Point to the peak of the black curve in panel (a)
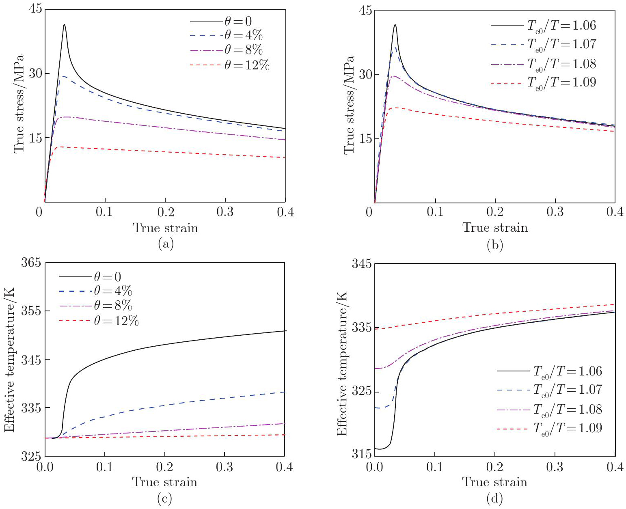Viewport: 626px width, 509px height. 64,25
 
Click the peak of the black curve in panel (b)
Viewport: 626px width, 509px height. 395,25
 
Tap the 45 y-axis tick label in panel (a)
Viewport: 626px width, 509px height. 35,9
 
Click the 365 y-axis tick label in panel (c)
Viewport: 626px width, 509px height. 31,263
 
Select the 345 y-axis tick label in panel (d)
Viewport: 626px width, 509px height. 361,264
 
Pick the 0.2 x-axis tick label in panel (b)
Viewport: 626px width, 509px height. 495,212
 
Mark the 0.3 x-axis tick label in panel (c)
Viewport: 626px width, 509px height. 224,467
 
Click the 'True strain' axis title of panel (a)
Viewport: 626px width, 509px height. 166,228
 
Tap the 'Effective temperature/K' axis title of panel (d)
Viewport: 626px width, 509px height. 342,364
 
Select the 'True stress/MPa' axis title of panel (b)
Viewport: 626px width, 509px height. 349,105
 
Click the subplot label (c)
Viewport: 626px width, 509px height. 165,498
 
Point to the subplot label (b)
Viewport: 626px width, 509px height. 495,245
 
